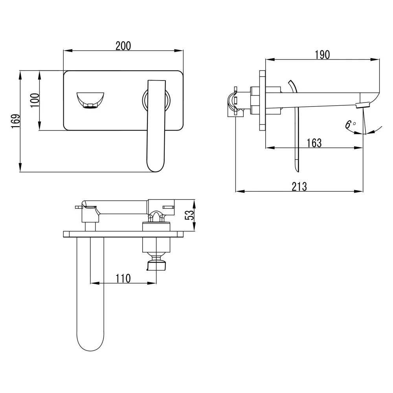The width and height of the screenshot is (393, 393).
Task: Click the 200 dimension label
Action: click(x=123, y=46)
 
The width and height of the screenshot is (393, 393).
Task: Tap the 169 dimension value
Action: click(x=16, y=121)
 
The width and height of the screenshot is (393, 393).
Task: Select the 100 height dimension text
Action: click(x=35, y=100)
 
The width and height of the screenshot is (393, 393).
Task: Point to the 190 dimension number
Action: click(x=322, y=55)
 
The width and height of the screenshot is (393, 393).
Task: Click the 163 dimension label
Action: click(x=314, y=143)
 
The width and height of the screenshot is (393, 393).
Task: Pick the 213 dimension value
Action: click(x=299, y=187)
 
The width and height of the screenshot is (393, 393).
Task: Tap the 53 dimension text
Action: click(x=189, y=215)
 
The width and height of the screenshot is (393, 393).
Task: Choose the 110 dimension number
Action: click(x=123, y=279)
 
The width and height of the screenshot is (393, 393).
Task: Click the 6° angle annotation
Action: click(x=350, y=125)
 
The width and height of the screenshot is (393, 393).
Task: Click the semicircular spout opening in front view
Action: click(x=90, y=100)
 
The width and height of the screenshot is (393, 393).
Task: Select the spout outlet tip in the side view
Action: click(x=363, y=105)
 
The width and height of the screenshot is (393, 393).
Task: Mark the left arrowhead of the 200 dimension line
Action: click(x=68, y=51)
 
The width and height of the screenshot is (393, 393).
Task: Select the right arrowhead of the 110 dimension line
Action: click(x=152, y=283)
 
